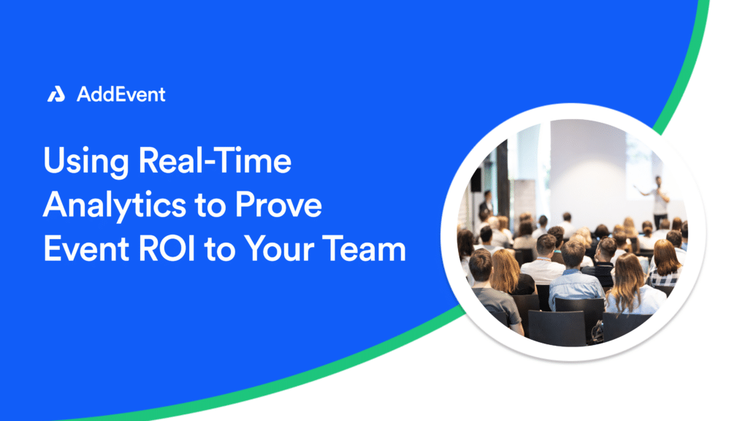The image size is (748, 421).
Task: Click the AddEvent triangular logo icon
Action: (x=56, y=94)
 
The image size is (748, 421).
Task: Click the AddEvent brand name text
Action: (x=121, y=94)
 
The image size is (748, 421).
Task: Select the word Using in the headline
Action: (x=86, y=162)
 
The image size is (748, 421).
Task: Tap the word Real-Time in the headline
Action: (x=215, y=160)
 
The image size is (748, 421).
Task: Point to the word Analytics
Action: (x=114, y=205)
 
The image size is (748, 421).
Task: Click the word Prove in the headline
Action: (x=278, y=205)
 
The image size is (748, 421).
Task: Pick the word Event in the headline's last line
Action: (x=86, y=249)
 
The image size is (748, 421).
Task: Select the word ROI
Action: (x=167, y=249)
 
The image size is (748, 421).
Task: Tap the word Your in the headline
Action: (x=279, y=249)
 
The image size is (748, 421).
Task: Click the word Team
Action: (x=364, y=249)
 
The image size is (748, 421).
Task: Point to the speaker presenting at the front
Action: (x=659, y=200)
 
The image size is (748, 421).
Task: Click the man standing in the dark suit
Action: (x=486, y=205)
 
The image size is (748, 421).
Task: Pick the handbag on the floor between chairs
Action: (x=596, y=333)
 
